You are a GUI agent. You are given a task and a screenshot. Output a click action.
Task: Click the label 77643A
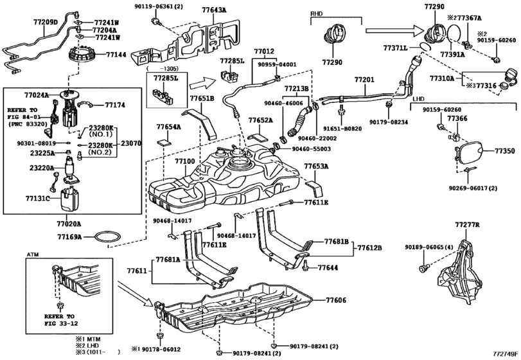pyautogui.click(x=195, y=10)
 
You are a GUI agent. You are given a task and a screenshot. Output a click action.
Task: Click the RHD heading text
pyautogui.click(x=317, y=13)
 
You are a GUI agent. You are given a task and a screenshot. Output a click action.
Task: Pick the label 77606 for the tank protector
pyautogui.click(x=335, y=300)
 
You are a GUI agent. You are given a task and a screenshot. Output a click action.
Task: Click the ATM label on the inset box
pyautogui.click(x=33, y=255)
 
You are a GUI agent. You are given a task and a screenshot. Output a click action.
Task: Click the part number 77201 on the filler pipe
pyautogui.click(x=364, y=78)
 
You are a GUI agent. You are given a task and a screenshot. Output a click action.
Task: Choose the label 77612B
pyautogui.click(x=369, y=247)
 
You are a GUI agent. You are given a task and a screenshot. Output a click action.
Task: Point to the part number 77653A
pyautogui.click(x=317, y=166)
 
